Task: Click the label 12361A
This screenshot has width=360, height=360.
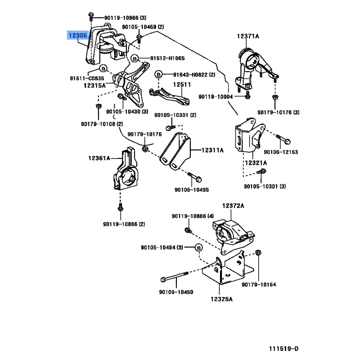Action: click(x=99, y=158)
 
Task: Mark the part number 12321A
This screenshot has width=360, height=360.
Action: click(x=255, y=162)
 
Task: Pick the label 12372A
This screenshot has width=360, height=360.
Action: click(x=233, y=206)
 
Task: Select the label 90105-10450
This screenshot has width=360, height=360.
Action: click(x=176, y=292)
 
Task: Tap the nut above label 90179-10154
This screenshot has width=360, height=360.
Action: click(x=258, y=252)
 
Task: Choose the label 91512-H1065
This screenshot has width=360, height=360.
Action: click(x=167, y=58)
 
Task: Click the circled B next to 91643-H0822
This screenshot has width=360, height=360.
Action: click(x=158, y=74)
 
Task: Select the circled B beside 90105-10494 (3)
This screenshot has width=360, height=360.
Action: click(x=198, y=247)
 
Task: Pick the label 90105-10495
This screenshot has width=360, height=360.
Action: click(x=192, y=190)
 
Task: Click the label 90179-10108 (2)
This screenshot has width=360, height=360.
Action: click(x=102, y=124)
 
